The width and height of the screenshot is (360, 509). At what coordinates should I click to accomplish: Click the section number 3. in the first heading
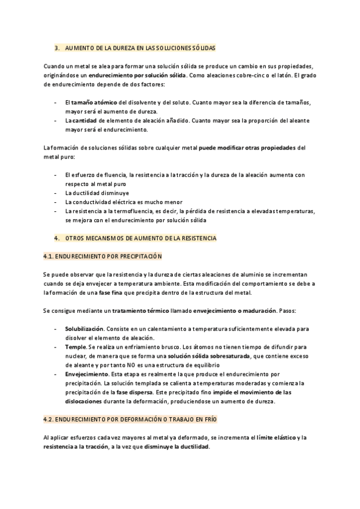click(x=56, y=47)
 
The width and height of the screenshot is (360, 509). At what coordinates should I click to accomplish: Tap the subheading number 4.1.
click(x=50, y=256)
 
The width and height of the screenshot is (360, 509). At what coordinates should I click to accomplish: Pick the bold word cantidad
click(x=86, y=121)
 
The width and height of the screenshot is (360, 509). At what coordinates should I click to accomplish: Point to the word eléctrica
click(x=130, y=202)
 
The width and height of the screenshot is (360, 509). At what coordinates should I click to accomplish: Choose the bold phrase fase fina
click(x=109, y=292)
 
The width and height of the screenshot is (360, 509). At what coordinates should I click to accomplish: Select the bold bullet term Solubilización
click(x=85, y=330)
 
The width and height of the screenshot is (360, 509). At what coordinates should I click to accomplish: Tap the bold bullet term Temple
click(x=76, y=347)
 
